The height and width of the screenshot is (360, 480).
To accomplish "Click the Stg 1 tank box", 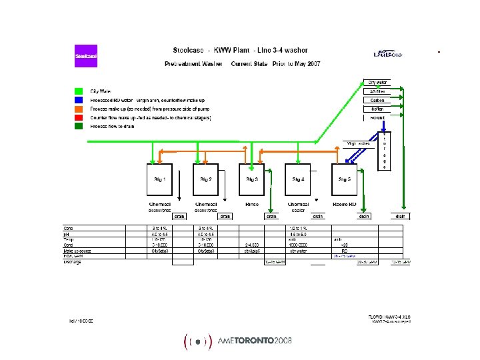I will point(159,179).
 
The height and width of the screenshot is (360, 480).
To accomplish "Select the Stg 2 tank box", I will point(205,179).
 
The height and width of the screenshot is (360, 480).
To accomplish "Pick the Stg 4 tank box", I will point(298,179).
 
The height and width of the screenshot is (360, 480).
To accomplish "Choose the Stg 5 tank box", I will point(344,179).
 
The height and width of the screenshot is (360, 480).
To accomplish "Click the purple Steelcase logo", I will point(86,56).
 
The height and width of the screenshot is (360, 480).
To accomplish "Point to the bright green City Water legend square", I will point(79,91).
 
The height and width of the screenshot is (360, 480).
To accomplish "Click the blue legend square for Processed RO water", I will point(79,99).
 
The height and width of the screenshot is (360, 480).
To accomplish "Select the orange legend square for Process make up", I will point(79,108).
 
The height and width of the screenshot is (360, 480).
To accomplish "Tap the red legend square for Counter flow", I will point(79,117).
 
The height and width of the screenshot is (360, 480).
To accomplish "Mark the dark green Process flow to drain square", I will point(79,125).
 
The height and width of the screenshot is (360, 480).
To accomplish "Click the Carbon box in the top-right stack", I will point(377,100).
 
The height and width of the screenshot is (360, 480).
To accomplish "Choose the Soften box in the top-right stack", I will point(377,109).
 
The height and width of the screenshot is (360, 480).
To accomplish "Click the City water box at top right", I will point(377,83).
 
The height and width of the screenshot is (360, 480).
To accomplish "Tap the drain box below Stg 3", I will point(271,216).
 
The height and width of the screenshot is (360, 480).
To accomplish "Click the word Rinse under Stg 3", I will point(251,204).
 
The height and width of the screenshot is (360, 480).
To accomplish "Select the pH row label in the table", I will point(67,234).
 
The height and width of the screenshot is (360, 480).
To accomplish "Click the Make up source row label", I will point(79,251).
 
